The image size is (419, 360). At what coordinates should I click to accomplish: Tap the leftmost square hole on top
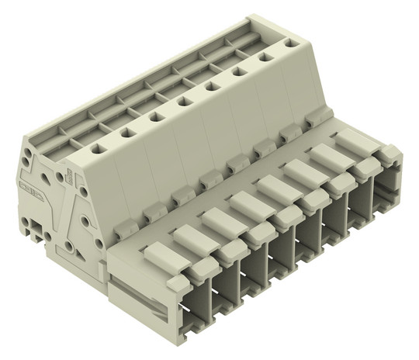[x=99, y=146]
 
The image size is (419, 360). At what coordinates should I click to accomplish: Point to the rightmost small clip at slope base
[x=314, y=120]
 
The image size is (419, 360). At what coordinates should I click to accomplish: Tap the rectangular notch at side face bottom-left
[x=31, y=228]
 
